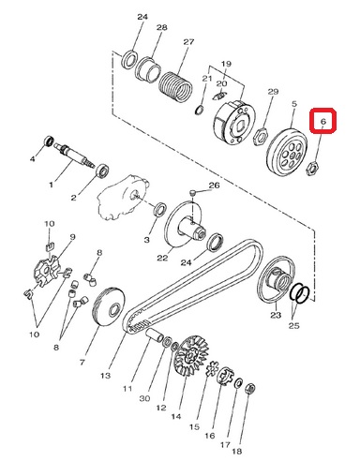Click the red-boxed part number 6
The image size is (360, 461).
[x=323, y=121]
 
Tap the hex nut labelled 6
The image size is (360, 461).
[x=312, y=169]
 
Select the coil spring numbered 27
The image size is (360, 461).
[x=175, y=87]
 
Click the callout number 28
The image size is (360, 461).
[x=161, y=27]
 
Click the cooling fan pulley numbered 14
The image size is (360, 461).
[x=191, y=355]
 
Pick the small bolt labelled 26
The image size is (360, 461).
[x=193, y=194]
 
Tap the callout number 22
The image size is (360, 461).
[x=162, y=258]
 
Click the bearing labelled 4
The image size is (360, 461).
[x=49, y=141]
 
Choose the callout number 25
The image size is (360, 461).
[x=293, y=325]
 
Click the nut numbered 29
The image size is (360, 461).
[x=260, y=137]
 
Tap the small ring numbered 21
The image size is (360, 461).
[x=200, y=111]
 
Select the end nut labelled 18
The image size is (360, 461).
[x=249, y=389]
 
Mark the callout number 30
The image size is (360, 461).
[x=144, y=398]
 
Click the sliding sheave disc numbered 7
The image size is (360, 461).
[x=109, y=307]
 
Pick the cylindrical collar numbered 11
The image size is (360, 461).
[x=155, y=335]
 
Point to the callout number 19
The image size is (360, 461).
[x=226, y=64]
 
